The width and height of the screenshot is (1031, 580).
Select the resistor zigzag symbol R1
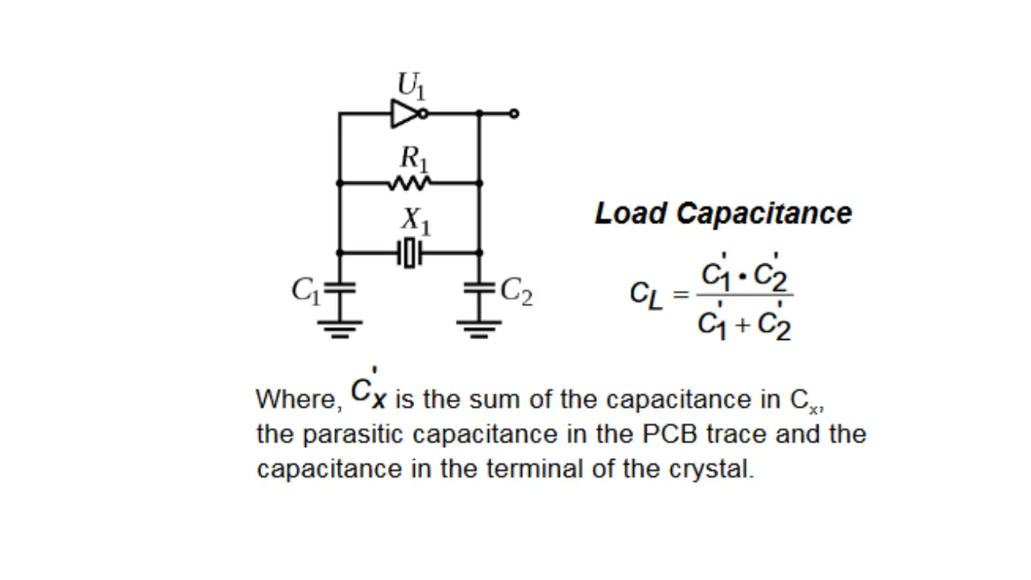tap(409, 184)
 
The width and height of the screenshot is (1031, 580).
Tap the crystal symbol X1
tap(410, 253)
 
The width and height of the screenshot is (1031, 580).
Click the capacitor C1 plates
tap(339, 287)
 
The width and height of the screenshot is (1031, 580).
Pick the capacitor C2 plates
tap(479, 287)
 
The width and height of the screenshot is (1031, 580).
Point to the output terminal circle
tap(514, 114)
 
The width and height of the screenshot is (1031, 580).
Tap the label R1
tap(414, 157)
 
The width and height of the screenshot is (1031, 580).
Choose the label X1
tap(416, 220)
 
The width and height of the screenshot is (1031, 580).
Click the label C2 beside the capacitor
tap(516, 291)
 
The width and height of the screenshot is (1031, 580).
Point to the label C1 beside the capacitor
tap(306, 291)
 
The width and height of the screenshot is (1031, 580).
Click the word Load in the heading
tap(631, 213)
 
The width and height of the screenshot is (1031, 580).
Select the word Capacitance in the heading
tap(764, 213)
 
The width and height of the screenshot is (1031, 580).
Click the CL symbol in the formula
tap(646, 295)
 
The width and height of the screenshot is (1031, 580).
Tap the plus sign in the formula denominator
tap(742, 325)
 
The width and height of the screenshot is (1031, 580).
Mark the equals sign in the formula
tap(681, 295)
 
